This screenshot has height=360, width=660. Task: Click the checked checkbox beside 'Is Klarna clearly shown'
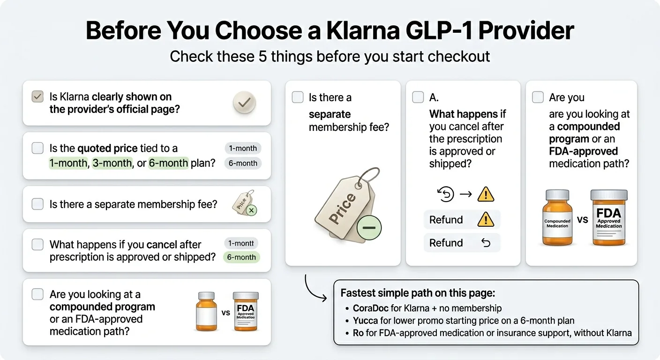click(x=37, y=97)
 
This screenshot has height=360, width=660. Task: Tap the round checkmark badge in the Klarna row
click(x=244, y=102)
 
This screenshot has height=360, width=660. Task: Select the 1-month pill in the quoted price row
click(x=242, y=148)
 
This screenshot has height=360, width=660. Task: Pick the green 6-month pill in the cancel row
click(x=241, y=257)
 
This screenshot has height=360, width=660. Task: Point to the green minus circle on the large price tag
click(x=369, y=228)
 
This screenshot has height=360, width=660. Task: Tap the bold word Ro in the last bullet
click(x=358, y=333)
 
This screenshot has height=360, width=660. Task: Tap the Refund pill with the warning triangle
click(x=462, y=219)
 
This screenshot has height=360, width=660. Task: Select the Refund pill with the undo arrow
click(x=462, y=243)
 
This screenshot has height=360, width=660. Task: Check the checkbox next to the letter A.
click(x=418, y=97)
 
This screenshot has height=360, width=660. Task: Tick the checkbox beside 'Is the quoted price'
click(x=37, y=148)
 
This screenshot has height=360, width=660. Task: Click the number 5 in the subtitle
click(x=264, y=56)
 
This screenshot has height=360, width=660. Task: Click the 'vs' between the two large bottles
click(x=583, y=219)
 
